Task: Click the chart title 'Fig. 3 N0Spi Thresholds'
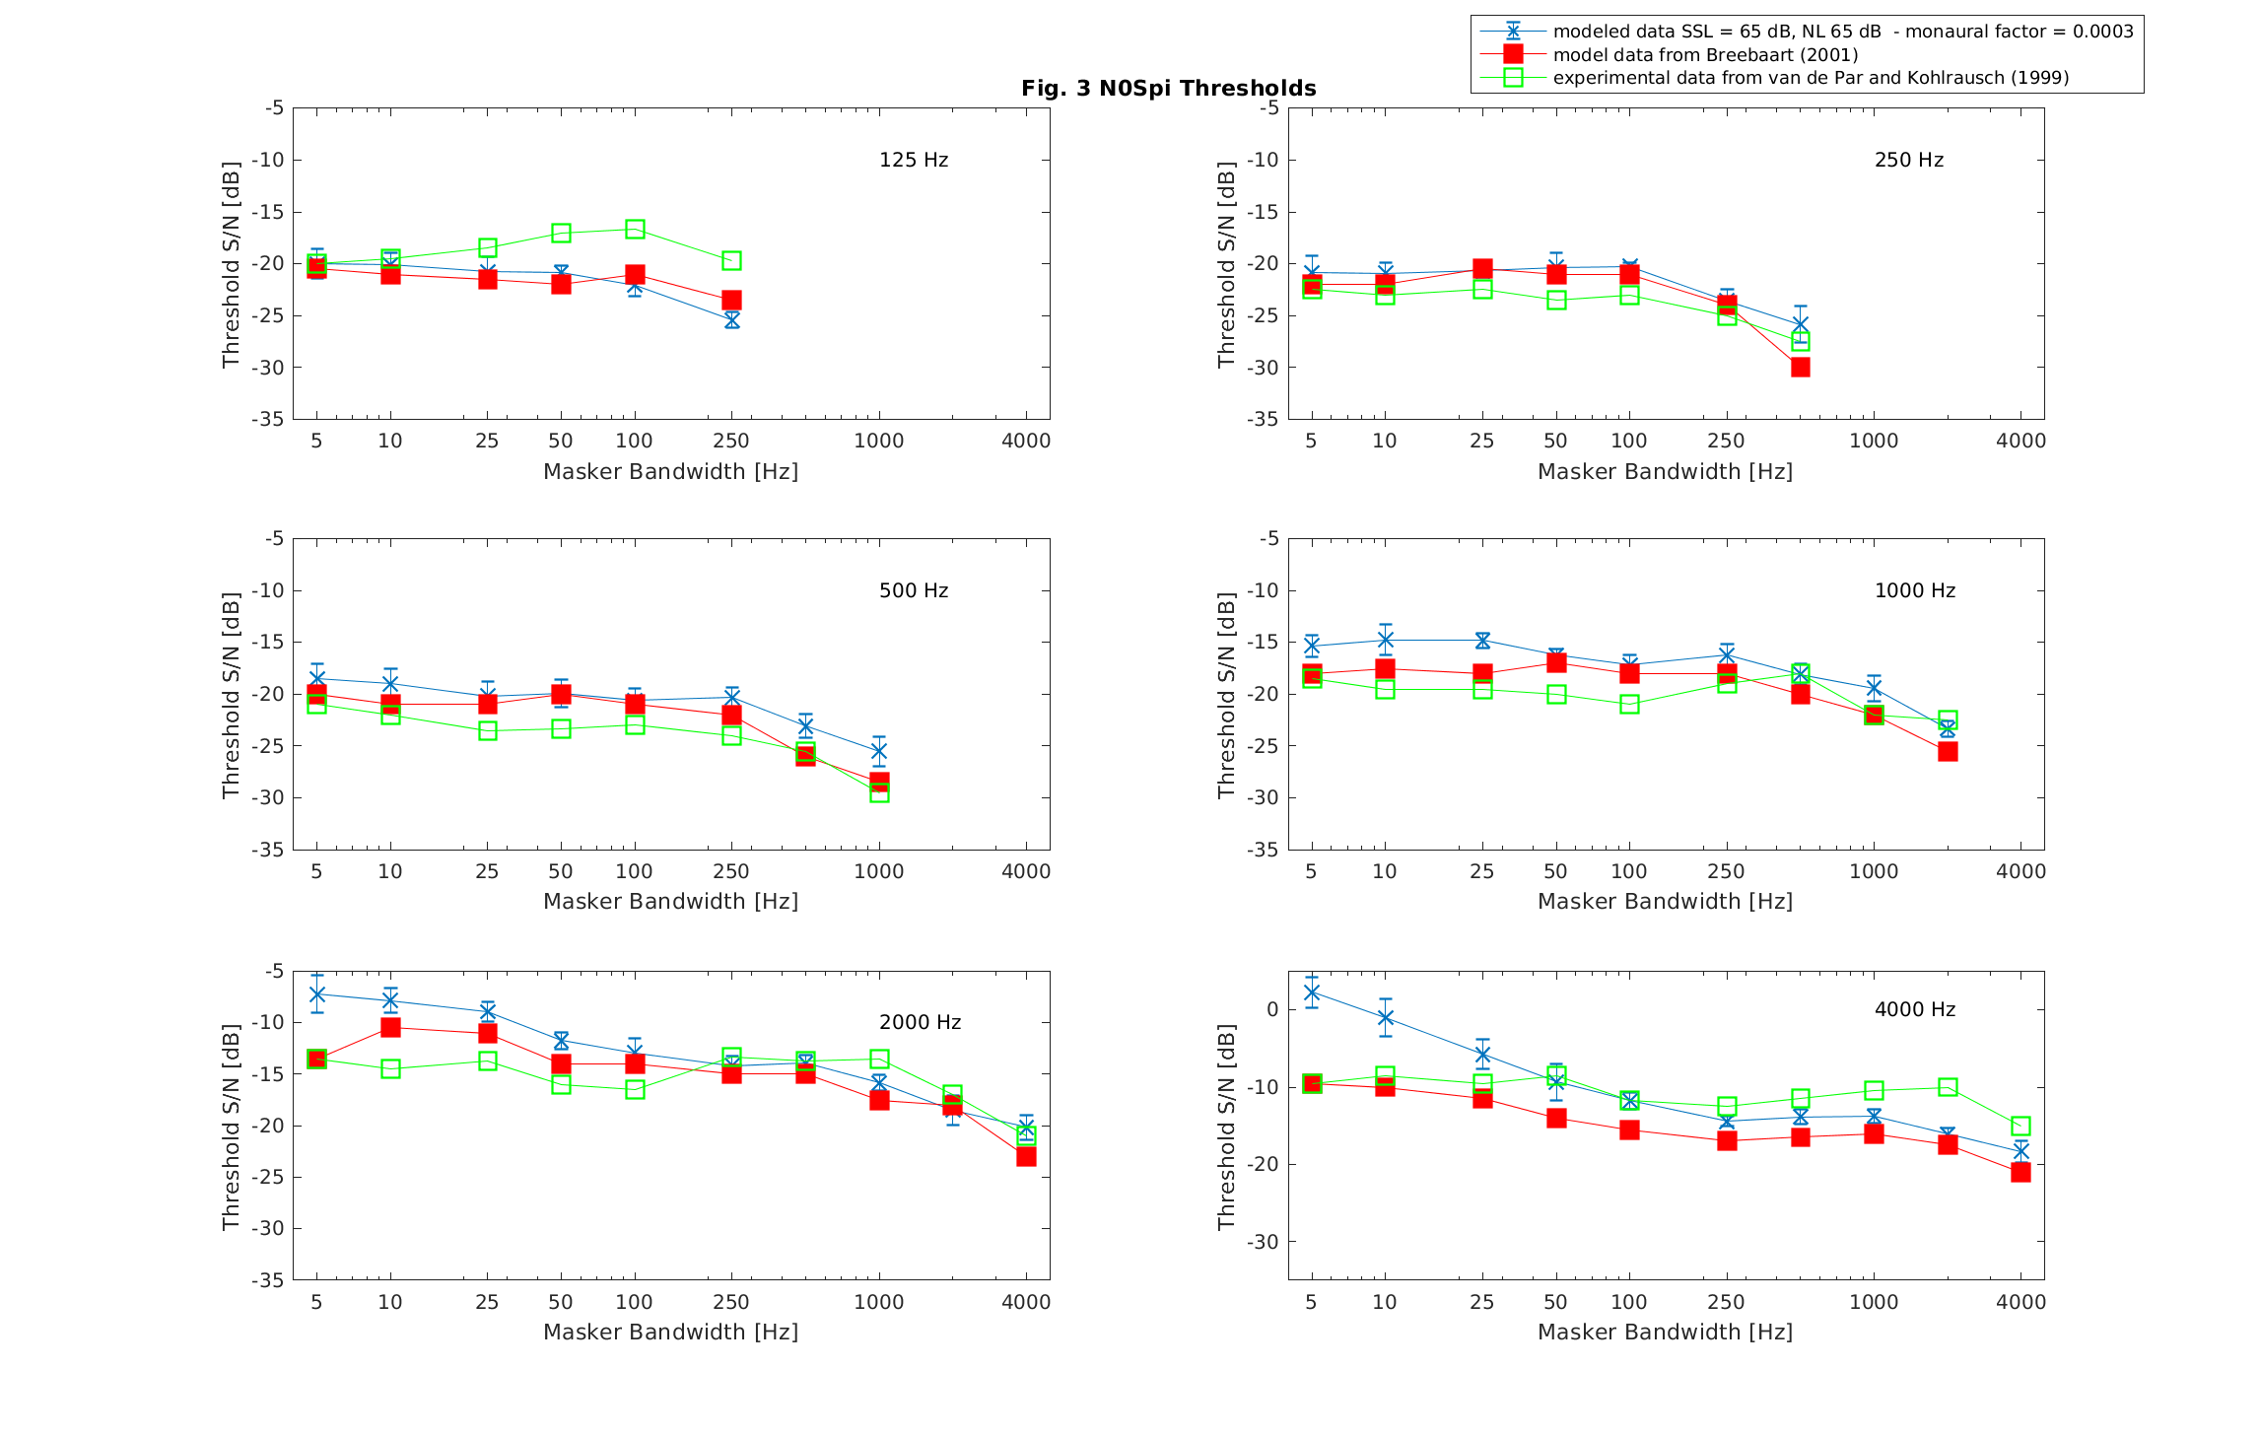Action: (x=1168, y=89)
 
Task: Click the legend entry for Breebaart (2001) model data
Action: (x=1705, y=55)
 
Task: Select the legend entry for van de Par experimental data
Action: (x=1810, y=78)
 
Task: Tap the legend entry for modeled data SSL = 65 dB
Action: (x=1842, y=32)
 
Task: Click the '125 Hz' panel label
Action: (x=913, y=160)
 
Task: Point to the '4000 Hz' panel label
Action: (x=1914, y=1009)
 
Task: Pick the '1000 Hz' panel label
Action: (x=1914, y=590)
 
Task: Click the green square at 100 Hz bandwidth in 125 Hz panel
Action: (x=635, y=230)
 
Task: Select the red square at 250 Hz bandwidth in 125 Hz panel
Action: (x=731, y=300)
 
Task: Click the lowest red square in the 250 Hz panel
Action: (x=1800, y=367)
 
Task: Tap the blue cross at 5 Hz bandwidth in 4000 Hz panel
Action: (x=1311, y=992)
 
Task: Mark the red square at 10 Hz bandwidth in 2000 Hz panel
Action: (x=390, y=1027)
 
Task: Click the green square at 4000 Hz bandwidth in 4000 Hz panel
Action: (x=2020, y=1126)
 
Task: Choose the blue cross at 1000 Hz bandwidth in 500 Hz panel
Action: (x=878, y=751)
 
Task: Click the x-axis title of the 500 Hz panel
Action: (x=670, y=901)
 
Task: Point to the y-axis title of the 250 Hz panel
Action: (x=1225, y=264)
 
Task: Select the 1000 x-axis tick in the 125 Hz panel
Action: (x=878, y=441)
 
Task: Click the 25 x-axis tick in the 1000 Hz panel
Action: (x=1481, y=871)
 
